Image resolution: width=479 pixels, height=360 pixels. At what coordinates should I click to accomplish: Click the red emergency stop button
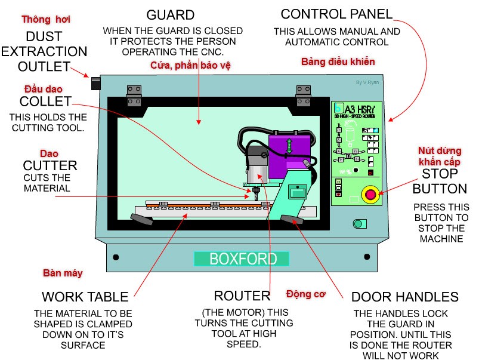[370, 195]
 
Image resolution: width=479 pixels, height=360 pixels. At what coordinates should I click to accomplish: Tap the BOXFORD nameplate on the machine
[242, 259]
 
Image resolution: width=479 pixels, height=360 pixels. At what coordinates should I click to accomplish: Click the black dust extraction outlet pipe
[95, 83]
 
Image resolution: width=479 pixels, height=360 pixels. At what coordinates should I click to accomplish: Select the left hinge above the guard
[134, 91]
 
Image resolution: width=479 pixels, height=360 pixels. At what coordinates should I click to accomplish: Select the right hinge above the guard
[303, 91]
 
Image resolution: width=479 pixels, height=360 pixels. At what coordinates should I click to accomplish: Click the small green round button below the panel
[359, 224]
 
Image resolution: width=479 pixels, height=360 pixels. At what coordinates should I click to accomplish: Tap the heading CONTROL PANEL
[336, 14]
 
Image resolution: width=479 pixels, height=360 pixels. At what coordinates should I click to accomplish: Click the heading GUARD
[170, 15]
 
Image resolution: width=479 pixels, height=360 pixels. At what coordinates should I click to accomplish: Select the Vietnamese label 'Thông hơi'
[46, 20]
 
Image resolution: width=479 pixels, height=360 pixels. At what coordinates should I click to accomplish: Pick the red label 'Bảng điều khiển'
[338, 62]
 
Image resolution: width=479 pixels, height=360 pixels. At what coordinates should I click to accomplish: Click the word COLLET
[45, 101]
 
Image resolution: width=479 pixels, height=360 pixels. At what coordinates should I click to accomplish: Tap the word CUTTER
[50, 165]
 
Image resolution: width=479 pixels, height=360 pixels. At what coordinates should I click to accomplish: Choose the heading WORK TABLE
[85, 297]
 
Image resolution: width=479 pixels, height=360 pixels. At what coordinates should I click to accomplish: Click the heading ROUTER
[242, 296]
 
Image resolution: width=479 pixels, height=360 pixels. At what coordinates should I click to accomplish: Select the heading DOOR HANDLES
[404, 297]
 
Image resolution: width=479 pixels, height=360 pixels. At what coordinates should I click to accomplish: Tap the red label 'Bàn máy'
[63, 273]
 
